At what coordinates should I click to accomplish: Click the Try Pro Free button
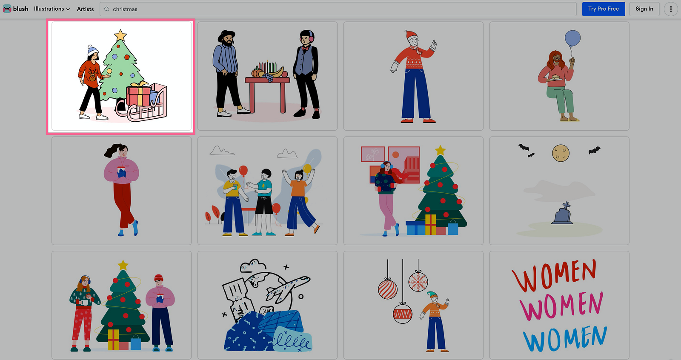click(604, 9)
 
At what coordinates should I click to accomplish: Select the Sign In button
click(644, 9)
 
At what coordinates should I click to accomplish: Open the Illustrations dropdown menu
click(52, 9)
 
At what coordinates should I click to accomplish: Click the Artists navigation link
click(85, 9)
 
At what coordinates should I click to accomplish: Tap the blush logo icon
click(7, 9)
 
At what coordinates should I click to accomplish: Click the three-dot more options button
click(671, 9)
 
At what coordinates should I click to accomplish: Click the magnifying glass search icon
click(107, 9)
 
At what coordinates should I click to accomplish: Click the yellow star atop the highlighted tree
click(120, 35)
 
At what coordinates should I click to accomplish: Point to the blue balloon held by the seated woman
click(573, 38)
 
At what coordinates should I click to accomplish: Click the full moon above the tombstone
click(561, 153)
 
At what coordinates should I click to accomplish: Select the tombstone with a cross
click(563, 214)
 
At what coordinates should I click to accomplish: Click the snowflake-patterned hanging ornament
click(418, 282)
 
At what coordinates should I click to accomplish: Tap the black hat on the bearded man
click(226, 36)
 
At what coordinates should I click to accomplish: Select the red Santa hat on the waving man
click(412, 34)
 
